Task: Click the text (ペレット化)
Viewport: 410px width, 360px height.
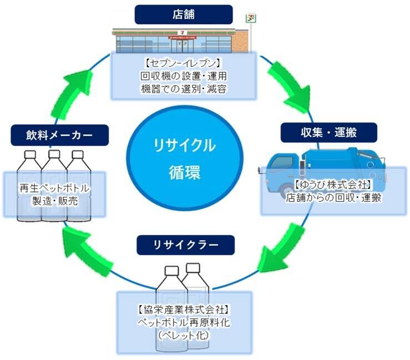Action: (184, 335)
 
